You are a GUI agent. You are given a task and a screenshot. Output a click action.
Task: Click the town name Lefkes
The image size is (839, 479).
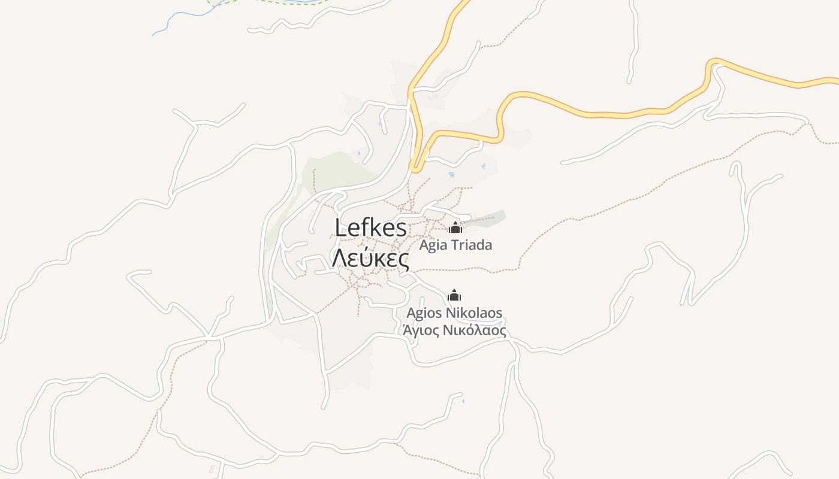371,228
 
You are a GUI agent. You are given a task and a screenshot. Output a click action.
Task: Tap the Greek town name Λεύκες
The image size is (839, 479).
371,259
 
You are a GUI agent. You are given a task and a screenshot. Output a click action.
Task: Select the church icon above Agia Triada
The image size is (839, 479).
455,228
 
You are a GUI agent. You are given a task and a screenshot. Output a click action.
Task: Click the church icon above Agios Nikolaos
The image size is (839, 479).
455,295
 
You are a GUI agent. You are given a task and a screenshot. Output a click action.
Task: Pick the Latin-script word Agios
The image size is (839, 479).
424,313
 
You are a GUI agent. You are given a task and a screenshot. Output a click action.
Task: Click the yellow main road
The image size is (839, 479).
587,113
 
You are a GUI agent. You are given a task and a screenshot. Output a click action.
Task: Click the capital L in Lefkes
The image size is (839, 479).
342,228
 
